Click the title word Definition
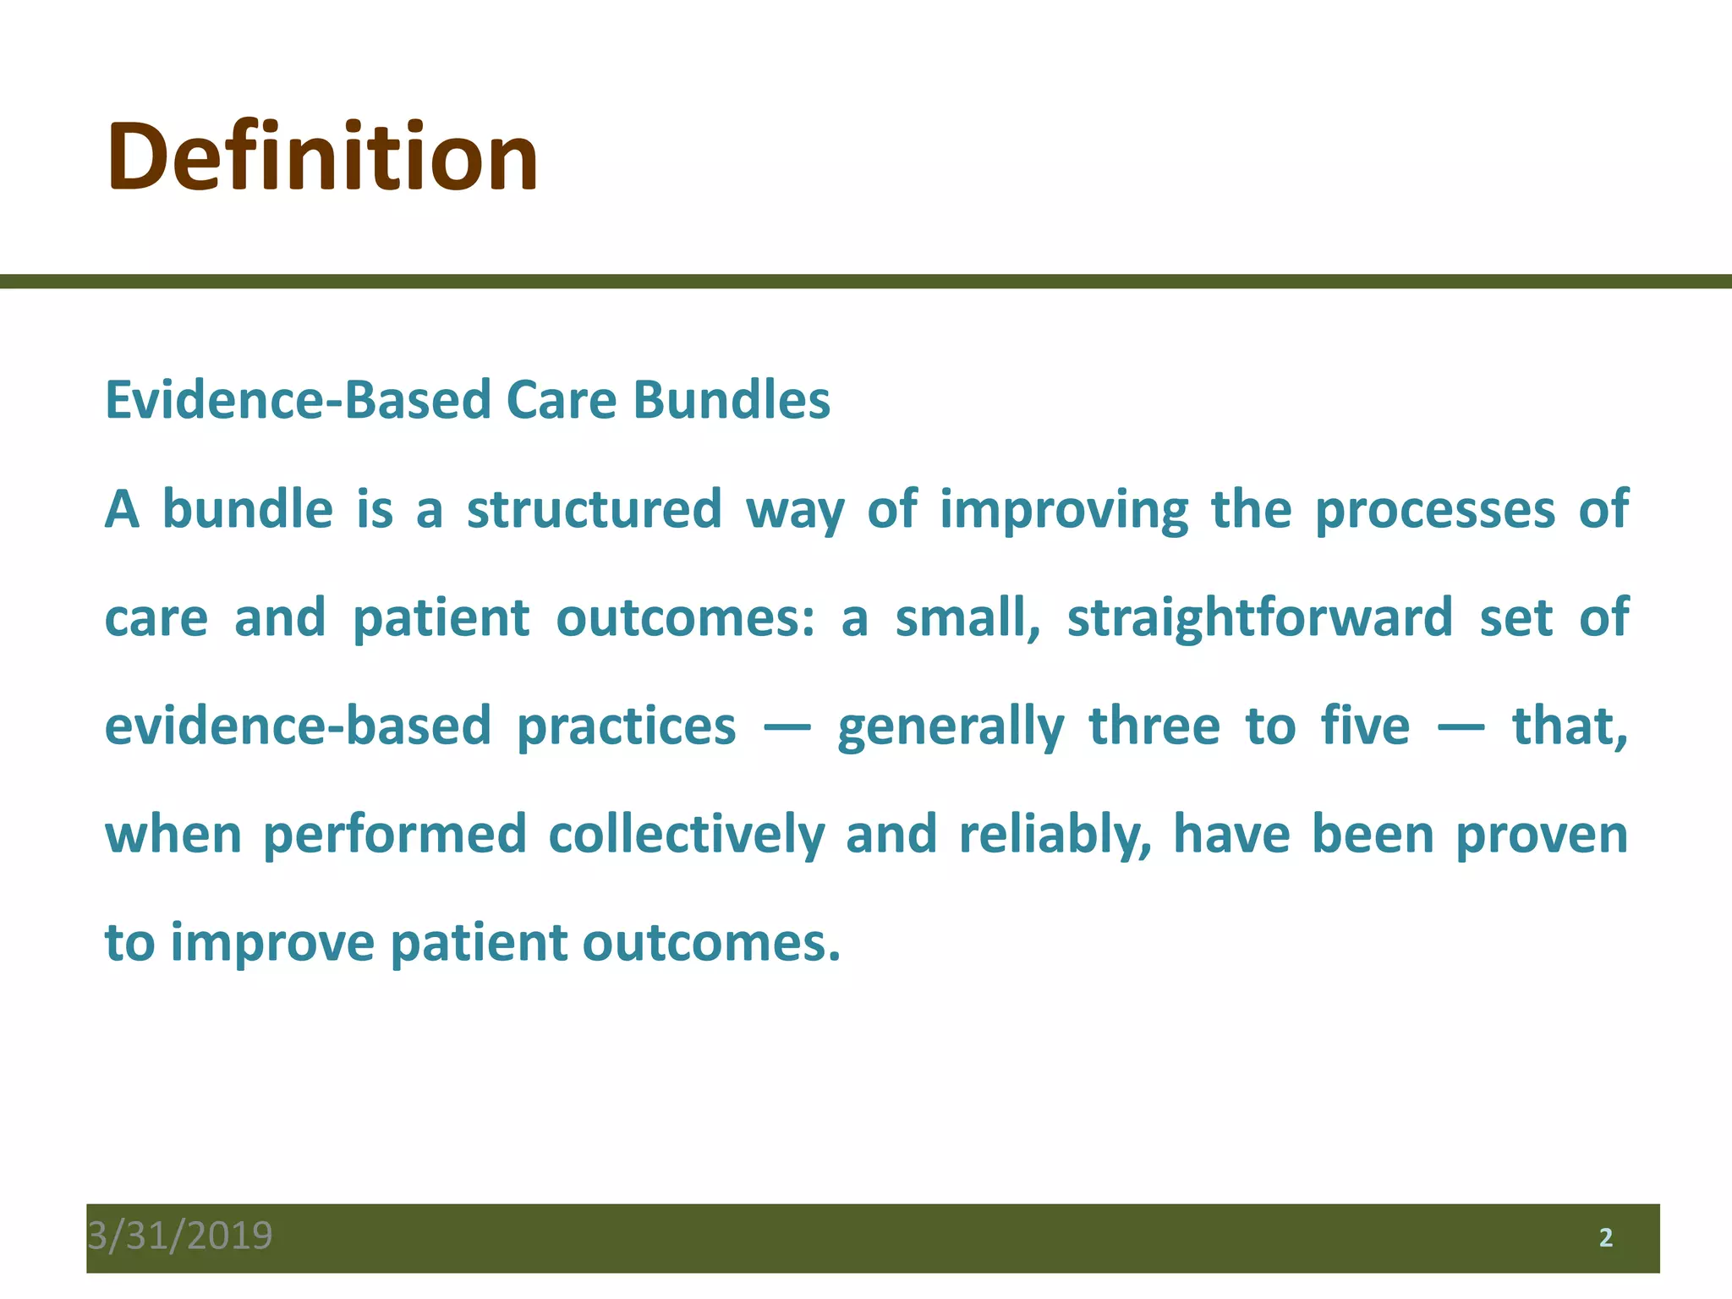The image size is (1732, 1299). coord(321,158)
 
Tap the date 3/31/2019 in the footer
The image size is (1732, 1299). coord(180,1236)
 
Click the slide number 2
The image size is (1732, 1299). coord(1605,1238)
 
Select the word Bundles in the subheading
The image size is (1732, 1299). coord(732,400)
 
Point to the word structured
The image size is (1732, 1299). coord(595,509)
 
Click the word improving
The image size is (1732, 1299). coord(1064,511)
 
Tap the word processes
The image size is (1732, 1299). coord(1435,511)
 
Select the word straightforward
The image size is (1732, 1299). coord(1260,619)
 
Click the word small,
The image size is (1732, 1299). coord(967,617)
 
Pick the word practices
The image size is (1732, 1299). coord(626,727)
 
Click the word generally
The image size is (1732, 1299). coord(951,727)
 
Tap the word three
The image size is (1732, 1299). coord(1154,726)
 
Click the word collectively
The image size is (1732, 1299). coord(686,836)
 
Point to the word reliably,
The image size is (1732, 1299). coord(1055,836)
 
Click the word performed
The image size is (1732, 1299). coord(395,836)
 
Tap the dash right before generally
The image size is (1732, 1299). coord(787,727)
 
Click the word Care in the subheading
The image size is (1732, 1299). coord(562,400)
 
